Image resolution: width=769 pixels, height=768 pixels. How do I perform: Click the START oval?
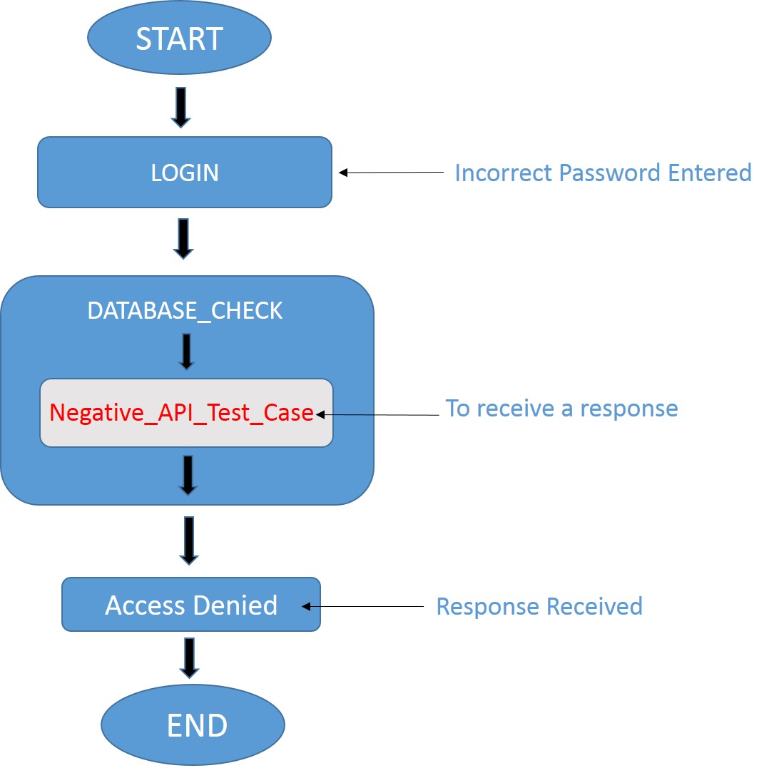tap(179, 38)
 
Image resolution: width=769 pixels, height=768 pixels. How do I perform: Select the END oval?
tap(193, 725)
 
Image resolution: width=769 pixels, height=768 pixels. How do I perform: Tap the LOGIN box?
tap(185, 173)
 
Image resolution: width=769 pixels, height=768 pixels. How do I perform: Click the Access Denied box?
tap(191, 605)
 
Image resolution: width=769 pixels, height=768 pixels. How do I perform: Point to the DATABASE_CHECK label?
tap(185, 311)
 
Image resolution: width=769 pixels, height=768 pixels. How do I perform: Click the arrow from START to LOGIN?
tap(180, 106)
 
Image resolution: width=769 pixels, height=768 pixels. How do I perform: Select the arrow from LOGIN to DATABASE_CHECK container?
tap(184, 239)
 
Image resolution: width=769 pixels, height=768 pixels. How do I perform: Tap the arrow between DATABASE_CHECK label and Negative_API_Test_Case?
tap(186, 352)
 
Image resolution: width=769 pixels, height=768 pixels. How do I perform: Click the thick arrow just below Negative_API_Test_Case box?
tap(188, 475)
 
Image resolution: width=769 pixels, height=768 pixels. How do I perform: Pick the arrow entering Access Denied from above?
tap(188, 540)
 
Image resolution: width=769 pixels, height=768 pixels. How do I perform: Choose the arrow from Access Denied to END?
tap(189, 657)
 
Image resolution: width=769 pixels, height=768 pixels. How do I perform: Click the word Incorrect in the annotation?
tap(504, 173)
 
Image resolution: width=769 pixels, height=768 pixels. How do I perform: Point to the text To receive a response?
tap(561, 409)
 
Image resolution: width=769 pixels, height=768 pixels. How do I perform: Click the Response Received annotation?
tap(539, 606)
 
